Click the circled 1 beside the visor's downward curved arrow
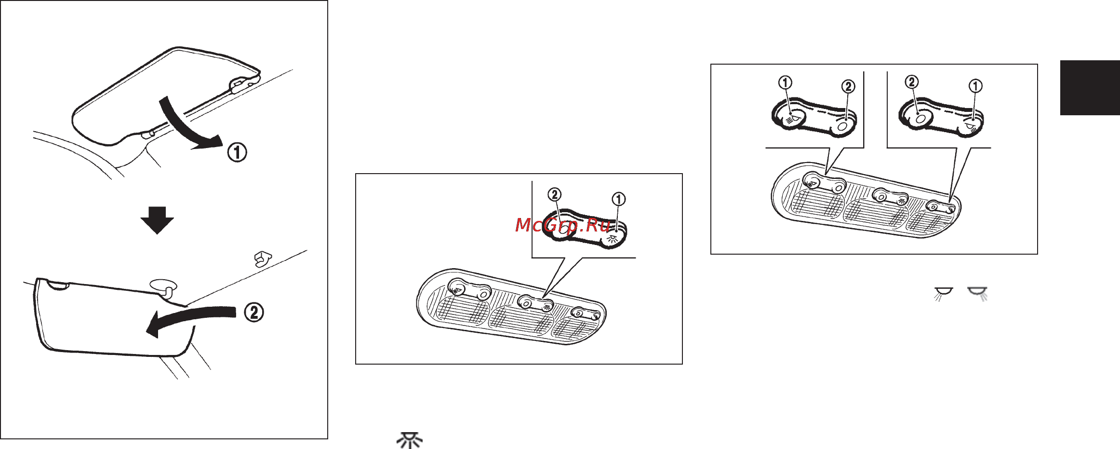coord(237,152)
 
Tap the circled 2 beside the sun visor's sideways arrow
coord(254,312)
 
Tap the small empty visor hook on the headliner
coord(263,259)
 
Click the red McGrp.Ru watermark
coord(563,225)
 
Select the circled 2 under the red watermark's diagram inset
coord(555,194)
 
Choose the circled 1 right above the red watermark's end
coord(619,199)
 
